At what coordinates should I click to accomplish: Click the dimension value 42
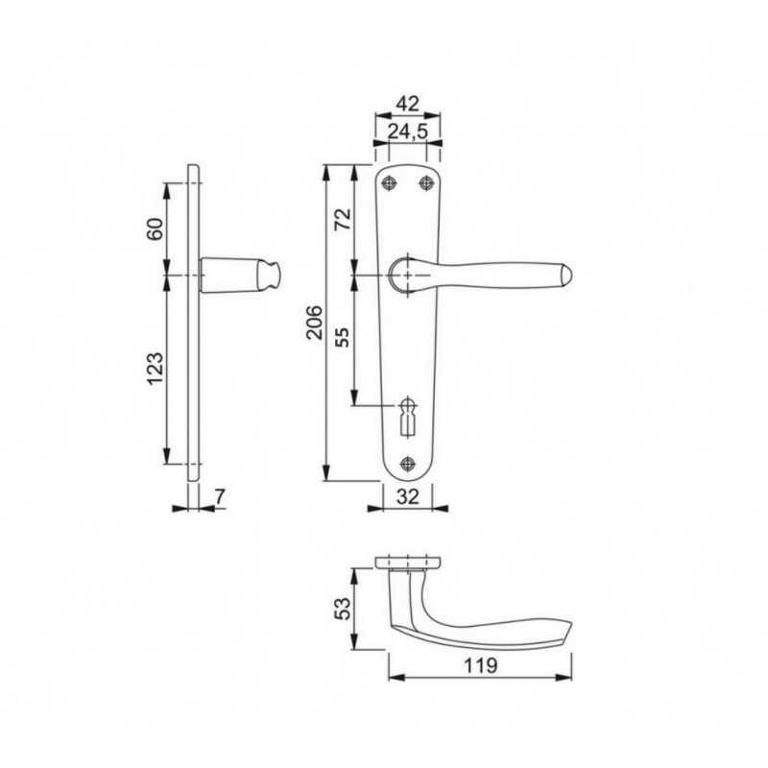click(407, 104)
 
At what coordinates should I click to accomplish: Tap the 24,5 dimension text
click(408, 132)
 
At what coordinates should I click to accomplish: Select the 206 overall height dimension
click(315, 323)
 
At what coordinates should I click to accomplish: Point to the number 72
click(344, 219)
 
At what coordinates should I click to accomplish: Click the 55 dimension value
click(344, 337)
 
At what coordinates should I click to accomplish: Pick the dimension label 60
click(156, 228)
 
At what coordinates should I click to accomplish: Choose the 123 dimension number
click(156, 369)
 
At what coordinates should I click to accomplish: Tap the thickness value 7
click(220, 496)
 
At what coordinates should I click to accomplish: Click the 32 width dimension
click(407, 496)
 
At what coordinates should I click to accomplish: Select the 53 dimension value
click(344, 609)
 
